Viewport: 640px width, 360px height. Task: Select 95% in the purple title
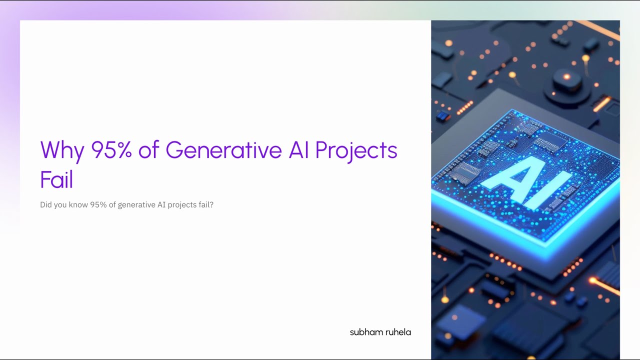coord(111,150)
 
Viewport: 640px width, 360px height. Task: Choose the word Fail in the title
coord(56,180)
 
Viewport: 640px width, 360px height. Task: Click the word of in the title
coord(148,150)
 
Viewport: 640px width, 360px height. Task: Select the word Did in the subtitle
coord(46,205)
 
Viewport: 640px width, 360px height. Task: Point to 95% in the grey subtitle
coord(100,205)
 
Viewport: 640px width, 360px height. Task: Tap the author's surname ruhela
coord(398,332)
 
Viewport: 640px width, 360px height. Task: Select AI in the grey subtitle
coord(161,205)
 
